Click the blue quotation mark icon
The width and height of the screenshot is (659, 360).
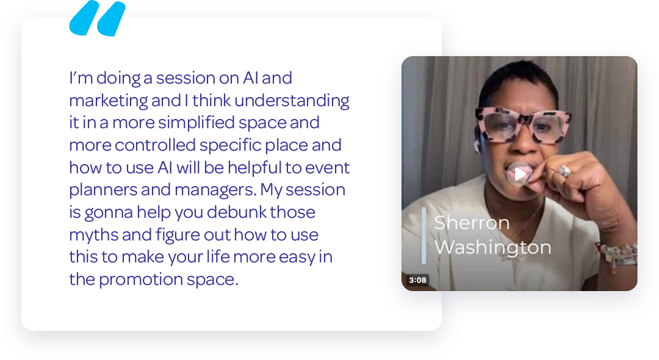[98, 18]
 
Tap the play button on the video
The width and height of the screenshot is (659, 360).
[519, 174]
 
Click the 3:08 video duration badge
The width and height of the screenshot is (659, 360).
[417, 280]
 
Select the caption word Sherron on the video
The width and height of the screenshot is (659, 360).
[472, 223]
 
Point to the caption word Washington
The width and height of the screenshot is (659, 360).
[492, 248]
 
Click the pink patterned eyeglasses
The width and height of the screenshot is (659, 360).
[522, 124]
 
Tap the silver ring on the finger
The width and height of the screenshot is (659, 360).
[564, 171]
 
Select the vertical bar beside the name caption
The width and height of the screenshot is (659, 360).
[423, 236]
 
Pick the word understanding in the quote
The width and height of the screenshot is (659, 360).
[292, 101]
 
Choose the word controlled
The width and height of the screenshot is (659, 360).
[155, 145]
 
